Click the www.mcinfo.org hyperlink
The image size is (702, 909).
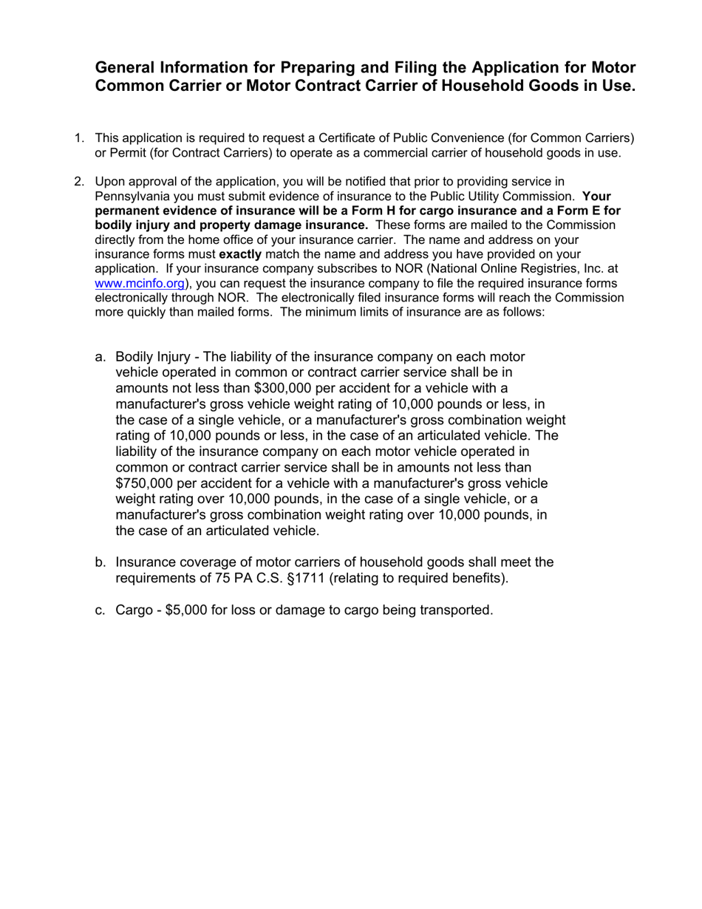click(x=140, y=284)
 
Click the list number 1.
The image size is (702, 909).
click(x=79, y=138)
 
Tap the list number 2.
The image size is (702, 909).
click(x=79, y=182)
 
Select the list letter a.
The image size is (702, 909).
click(x=100, y=357)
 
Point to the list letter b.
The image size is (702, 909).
click(x=100, y=562)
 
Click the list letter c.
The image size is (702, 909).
click(x=100, y=610)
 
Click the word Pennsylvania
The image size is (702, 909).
click(x=132, y=197)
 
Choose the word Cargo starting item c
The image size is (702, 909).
click(x=134, y=610)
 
